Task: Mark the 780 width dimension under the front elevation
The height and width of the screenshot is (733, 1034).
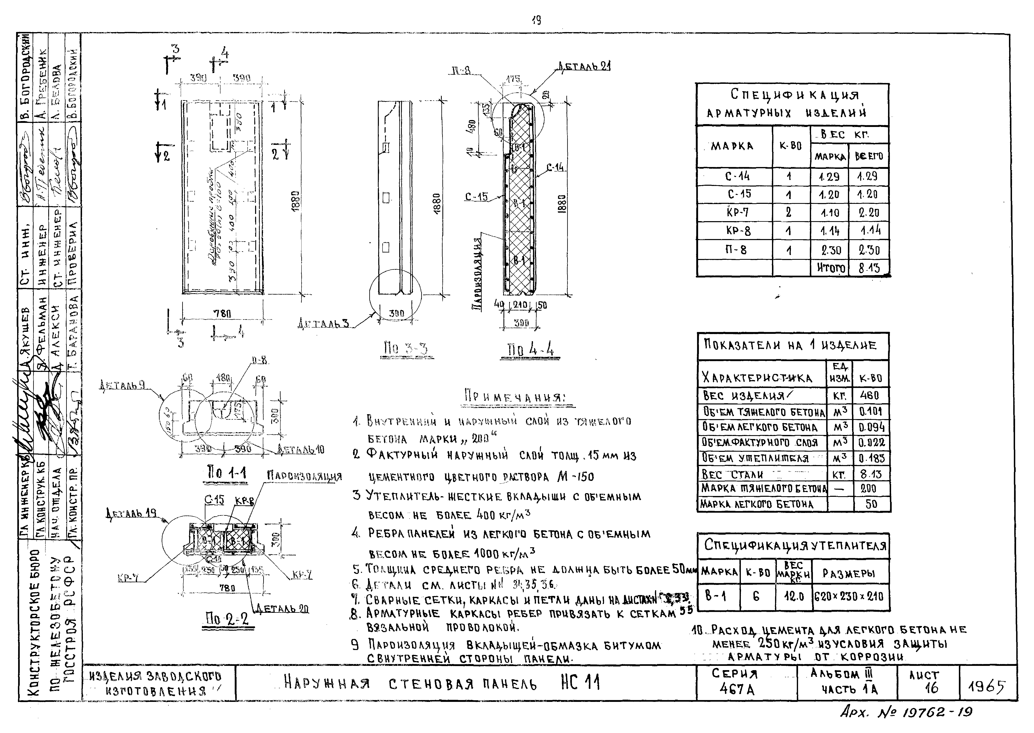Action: tap(222, 313)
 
